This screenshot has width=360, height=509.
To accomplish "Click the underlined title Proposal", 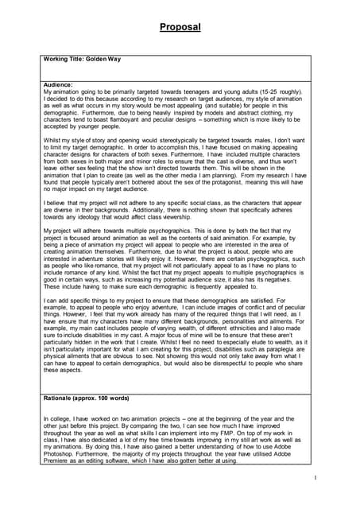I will [x=180, y=27].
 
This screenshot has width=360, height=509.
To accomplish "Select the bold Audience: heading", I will [x=59, y=84].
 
